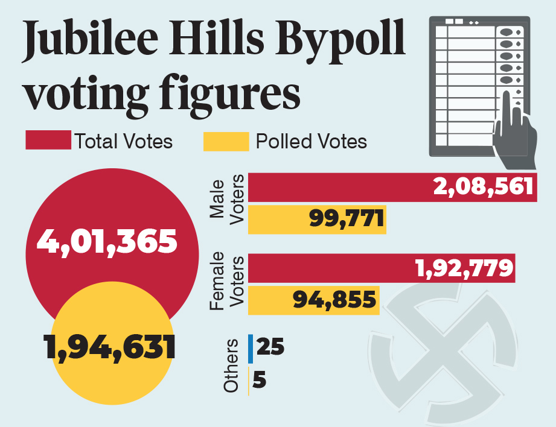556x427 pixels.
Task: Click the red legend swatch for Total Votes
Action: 48,141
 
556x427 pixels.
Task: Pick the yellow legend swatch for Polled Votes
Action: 226,141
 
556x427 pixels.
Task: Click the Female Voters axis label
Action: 226,282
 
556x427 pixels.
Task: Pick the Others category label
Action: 231,366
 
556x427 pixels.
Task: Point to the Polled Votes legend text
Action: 311,141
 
